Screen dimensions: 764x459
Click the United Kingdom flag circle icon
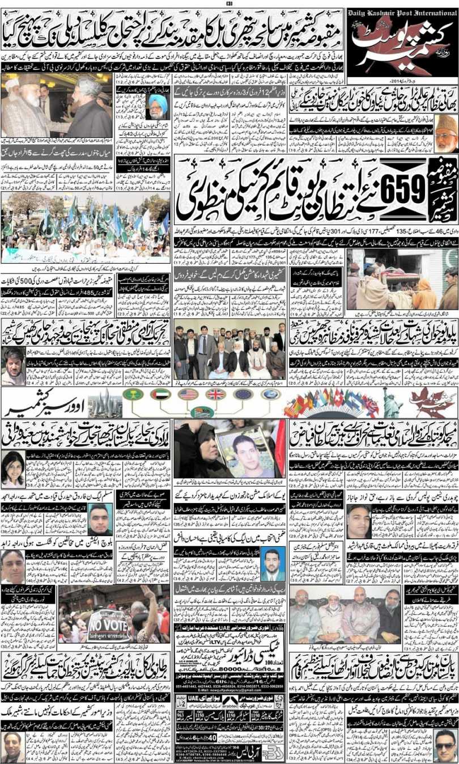pos(216,395)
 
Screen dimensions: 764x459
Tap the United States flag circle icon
pos(188,395)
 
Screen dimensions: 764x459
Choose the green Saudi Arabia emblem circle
pos(133,395)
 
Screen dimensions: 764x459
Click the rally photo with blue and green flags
pos(85,227)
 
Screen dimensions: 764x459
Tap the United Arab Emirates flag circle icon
pos(160,395)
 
